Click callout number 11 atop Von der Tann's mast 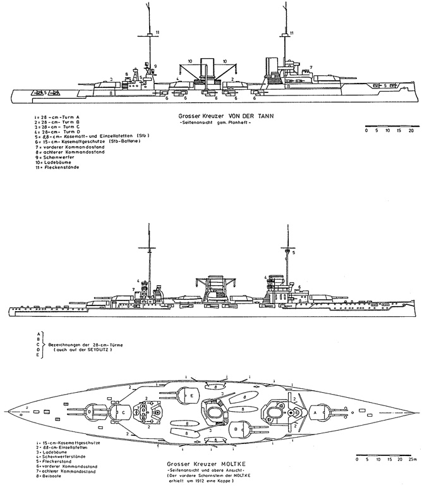[158, 31]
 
